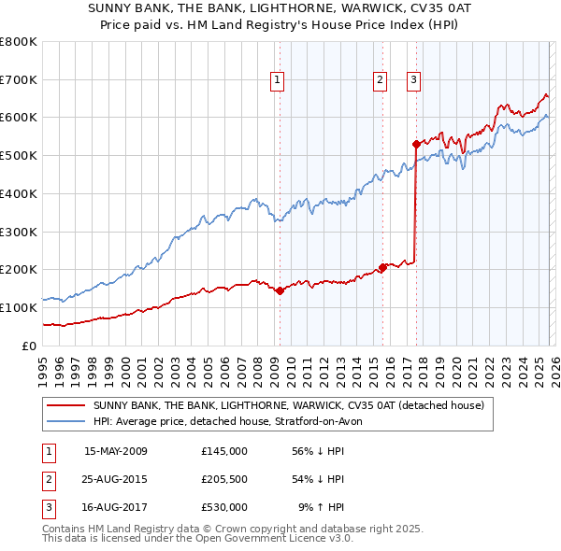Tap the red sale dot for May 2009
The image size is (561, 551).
(x=280, y=290)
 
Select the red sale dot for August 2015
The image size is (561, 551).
(x=382, y=267)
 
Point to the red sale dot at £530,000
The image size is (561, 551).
(x=415, y=144)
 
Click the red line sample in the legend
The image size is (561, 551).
(x=66, y=406)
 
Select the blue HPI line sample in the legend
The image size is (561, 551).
(x=66, y=422)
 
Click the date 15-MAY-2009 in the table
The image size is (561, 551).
(x=115, y=451)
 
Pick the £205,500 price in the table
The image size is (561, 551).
(x=224, y=479)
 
